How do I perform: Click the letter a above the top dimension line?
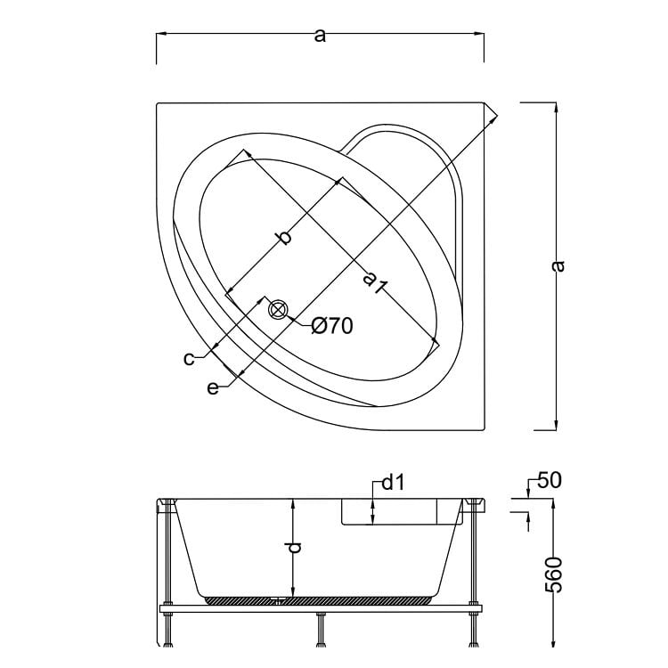tap(321, 35)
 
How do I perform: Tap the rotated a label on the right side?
tap(558, 265)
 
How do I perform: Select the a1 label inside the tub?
tap(374, 282)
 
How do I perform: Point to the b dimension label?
tap(283, 237)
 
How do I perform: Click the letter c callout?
tap(189, 358)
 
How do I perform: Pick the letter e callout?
tap(212, 387)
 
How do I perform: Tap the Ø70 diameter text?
tap(332, 326)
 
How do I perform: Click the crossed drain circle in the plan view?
tap(278, 310)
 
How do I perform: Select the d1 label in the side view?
tap(393, 484)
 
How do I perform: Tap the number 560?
tap(553, 574)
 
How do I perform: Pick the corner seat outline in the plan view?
tap(419, 147)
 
